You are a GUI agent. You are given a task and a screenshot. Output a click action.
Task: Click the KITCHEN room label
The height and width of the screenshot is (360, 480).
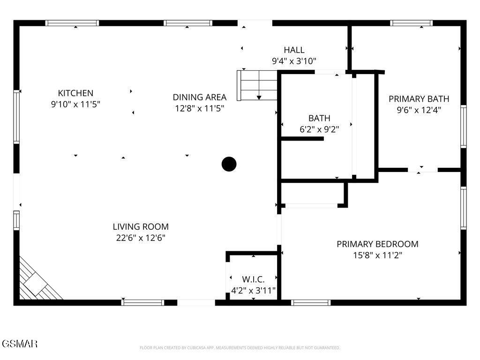tap(75, 93)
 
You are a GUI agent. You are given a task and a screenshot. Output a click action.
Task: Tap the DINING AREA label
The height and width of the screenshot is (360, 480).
tap(199, 97)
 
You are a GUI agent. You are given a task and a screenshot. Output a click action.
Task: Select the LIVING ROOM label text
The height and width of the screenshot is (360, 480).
tap(141, 226)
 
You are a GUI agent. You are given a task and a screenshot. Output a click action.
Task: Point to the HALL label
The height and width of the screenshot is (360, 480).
tap(294, 50)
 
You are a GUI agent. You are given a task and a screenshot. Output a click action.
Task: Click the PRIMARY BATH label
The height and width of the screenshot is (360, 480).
tap(419, 98)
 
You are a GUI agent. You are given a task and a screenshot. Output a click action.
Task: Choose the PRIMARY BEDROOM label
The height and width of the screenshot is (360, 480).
tap(377, 244)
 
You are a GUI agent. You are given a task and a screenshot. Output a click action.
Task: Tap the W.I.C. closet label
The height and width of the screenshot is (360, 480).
tap(253, 279)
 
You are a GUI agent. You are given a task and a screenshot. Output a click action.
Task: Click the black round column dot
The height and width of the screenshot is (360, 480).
tap(229, 164)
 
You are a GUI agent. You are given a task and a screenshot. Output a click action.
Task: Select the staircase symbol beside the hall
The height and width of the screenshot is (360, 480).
tap(257, 85)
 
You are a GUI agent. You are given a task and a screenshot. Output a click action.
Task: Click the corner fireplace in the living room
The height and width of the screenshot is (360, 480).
tap(37, 281)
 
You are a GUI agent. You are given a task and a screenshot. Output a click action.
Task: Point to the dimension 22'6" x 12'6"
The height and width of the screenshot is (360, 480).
tap(141, 238)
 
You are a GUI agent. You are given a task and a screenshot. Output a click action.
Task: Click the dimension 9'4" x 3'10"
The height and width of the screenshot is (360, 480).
tap(294, 61)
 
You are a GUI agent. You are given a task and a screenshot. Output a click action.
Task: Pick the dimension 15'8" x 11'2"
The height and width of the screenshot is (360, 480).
tap(377, 255)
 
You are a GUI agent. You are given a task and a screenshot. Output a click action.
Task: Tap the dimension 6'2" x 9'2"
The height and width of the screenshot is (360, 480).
tap(319, 129)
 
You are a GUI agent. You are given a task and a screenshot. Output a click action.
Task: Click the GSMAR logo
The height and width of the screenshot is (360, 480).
tap(19, 344)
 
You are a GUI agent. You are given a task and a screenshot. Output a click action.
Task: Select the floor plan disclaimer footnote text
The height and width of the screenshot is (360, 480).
tap(240, 348)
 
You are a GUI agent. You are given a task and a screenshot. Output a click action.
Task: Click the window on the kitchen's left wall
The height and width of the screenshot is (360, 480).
tap(16, 117)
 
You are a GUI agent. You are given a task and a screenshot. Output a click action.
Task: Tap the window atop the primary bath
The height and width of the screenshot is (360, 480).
tap(411, 22)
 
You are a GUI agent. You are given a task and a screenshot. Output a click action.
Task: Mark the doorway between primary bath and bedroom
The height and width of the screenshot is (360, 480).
tap(422, 170)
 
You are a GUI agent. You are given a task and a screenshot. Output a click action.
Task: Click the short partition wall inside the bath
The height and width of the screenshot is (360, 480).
tap(302, 138)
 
